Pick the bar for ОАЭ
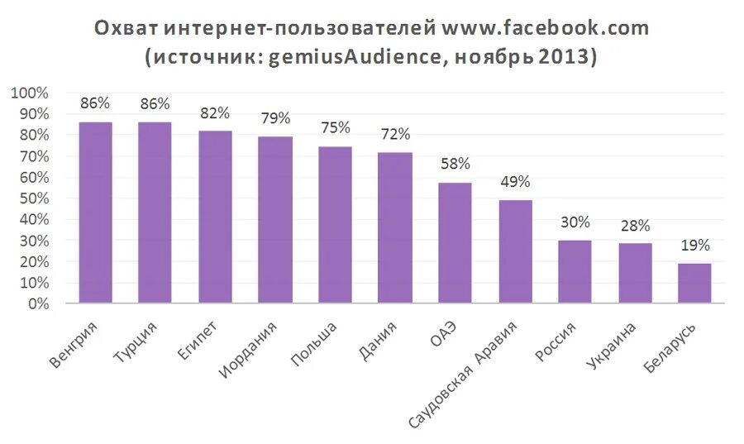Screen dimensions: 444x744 pyautogui.click(x=455, y=243)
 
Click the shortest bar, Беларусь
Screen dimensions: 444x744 pyautogui.click(x=694, y=284)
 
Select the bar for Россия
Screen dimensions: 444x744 pyautogui.click(x=575, y=272)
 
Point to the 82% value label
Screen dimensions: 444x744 pyautogui.click(x=215, y=113)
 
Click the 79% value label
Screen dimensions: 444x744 pyautogui.click(x=275, y=119)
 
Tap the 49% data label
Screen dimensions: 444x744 pyautogui.click(x=515, y=182)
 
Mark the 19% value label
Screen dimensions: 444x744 pyautogui.click(x=694, y=246)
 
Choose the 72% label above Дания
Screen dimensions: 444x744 pyautogui.click(x=395, y=134)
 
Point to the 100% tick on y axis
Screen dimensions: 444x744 pyautogui.click(x=30, y=93)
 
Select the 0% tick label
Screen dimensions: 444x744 pyautogui.click(x=37, y=304)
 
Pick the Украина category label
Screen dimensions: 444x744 pyautogui.click(x=611, y=348)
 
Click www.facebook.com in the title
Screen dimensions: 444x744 pyautogui.click(x=546, y=28)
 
